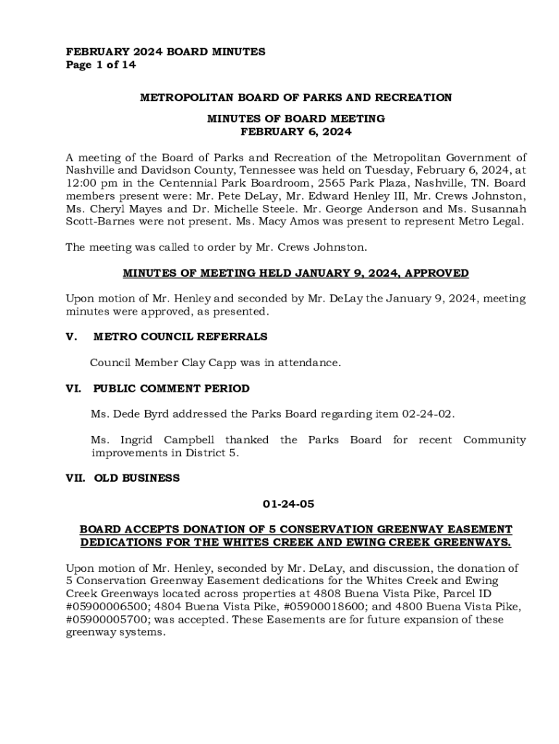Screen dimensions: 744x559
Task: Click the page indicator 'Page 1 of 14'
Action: pos(101,65)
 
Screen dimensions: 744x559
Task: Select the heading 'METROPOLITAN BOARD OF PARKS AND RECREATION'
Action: pos(295,97)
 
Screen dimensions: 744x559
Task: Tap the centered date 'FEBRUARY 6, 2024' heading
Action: pos(295,132)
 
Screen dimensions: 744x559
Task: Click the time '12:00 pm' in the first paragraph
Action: pos(88,183)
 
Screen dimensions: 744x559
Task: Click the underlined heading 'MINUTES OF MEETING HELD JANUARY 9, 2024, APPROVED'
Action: pos(295,273)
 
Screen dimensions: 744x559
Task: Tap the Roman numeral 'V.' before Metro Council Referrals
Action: pos(72,336)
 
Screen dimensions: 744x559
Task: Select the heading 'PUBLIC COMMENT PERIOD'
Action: pos(171,389)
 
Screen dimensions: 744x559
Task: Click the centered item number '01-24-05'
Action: pos(288,504)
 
